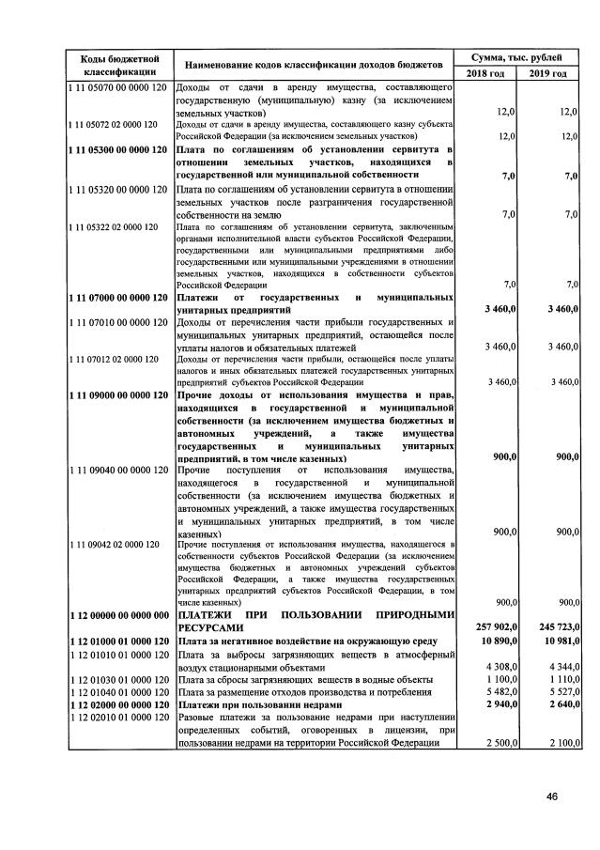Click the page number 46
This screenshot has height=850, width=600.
[552, 796]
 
